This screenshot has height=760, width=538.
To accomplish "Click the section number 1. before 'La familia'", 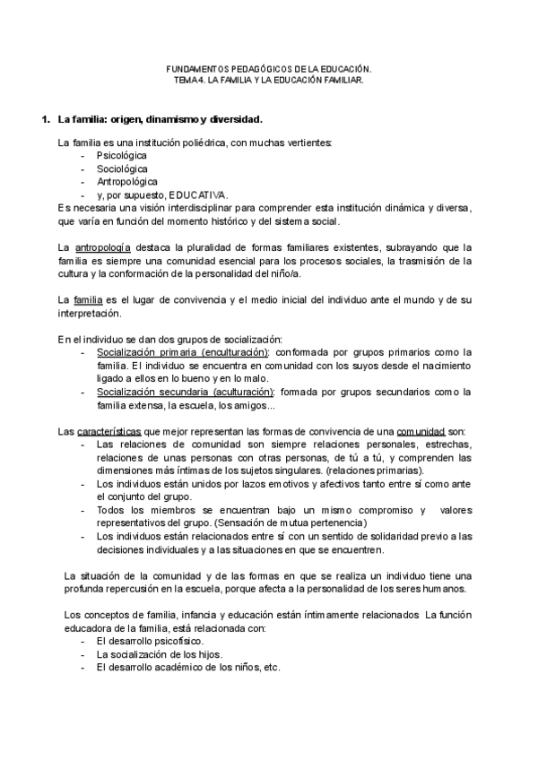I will [x=37, y=119].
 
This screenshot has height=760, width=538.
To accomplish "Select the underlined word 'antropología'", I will [x=102, y=246].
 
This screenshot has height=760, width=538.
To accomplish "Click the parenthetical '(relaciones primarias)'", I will [x=376, y=471].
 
